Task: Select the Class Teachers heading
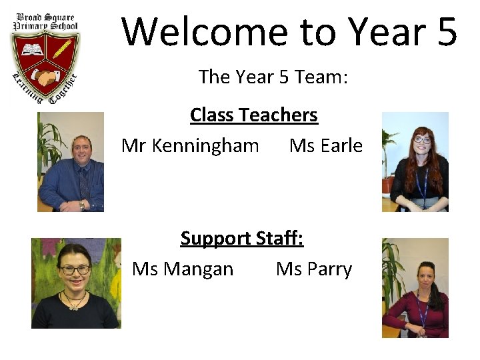(x=254, y=115)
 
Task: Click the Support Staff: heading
(x=242, y=238)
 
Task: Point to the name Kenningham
(x=205, y=145)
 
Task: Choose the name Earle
(x=341, y=145)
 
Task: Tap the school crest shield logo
(x=45, y=63)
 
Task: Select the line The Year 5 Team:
(x=273, y=77)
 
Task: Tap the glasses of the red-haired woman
(x=422, y=140)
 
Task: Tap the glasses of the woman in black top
(x=75, y=270)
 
